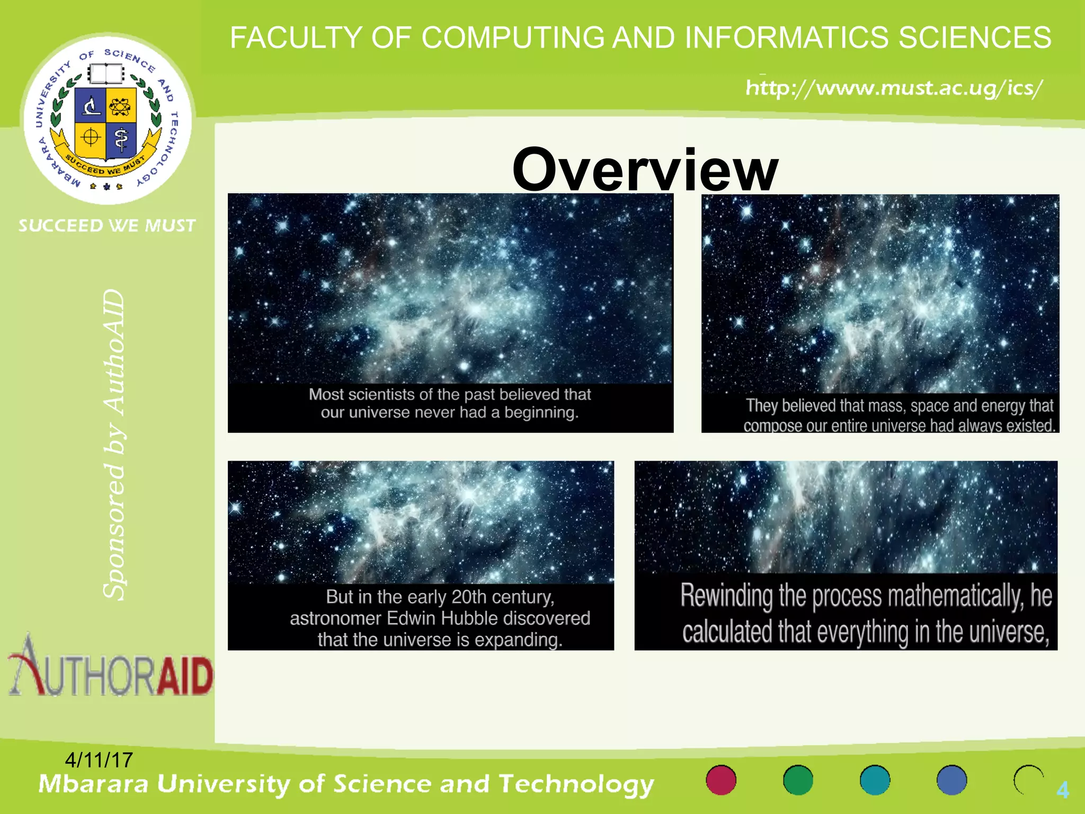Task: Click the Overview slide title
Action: coord(645,170)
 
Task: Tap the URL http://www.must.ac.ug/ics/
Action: coord(894,87)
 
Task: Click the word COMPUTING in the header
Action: coord(513,38)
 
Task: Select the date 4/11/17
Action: coord(99,760)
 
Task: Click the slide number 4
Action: coord(1062,790)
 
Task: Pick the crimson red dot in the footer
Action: coord(721,780)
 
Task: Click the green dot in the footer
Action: coord(798,780)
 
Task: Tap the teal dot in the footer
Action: coord(875,780)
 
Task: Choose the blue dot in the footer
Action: coord(951,780)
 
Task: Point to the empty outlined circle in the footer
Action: coord(1028,780)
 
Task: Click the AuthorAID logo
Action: coord(111,668)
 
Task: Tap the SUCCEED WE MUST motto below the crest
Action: coord(107,226)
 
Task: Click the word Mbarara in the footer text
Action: coord(94,784)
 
